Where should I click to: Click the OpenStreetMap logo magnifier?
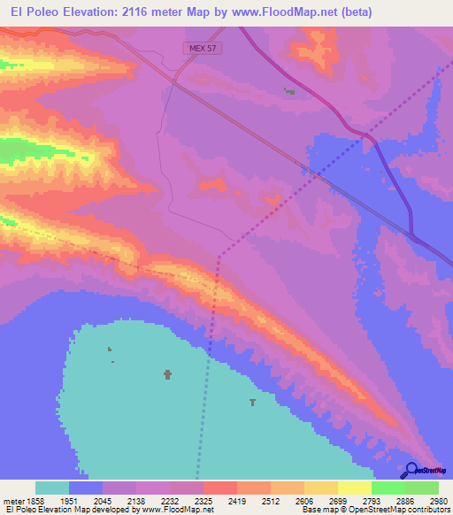(411, 468)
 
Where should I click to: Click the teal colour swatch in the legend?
(52, 488)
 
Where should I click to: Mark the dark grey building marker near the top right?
(289, 90)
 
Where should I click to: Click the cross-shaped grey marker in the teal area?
(167, 374)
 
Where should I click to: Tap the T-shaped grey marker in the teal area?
(252, 403)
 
